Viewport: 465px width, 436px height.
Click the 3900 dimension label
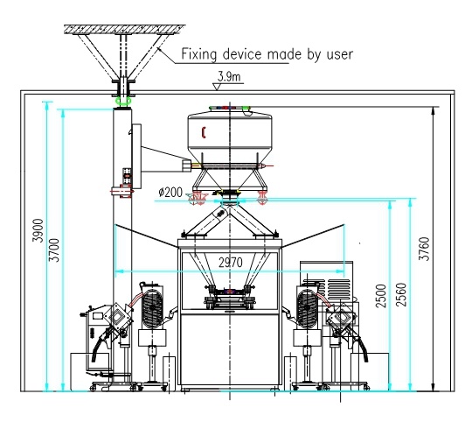tap(38, 230)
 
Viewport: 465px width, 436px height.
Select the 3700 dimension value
tap(54, 250)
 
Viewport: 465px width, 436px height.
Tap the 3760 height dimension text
tap(424, 249)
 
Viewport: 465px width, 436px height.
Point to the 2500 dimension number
tap(381, 296)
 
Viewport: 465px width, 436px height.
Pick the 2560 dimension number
tap(401, 295)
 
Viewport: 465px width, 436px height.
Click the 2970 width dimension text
tap(231, 263)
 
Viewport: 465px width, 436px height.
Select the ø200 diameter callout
tap(170, 193)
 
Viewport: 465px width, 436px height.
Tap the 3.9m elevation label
tap(229, 77)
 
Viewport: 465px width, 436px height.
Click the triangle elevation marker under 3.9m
tap(217, 87)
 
